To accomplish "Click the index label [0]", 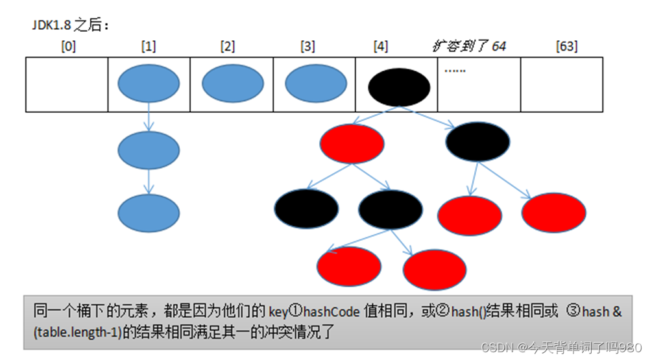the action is [x=67, y=47].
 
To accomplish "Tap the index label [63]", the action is [x=566, y=47].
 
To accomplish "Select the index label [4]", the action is [x=381, y=47].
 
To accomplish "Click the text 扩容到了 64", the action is [x=469, y=46].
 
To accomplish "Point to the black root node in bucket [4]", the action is [x=399, y=85].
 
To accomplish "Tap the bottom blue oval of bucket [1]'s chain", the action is [x=149, y=213].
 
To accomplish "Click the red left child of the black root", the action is [x=352, y=144].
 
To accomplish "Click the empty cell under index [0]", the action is [x=67, y=84].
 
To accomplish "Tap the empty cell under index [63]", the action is [x=562, y=84].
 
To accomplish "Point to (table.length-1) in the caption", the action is [x=74, y=333].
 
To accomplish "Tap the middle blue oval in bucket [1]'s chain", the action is [x=149, y=149].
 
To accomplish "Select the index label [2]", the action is [x=228, y=47].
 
